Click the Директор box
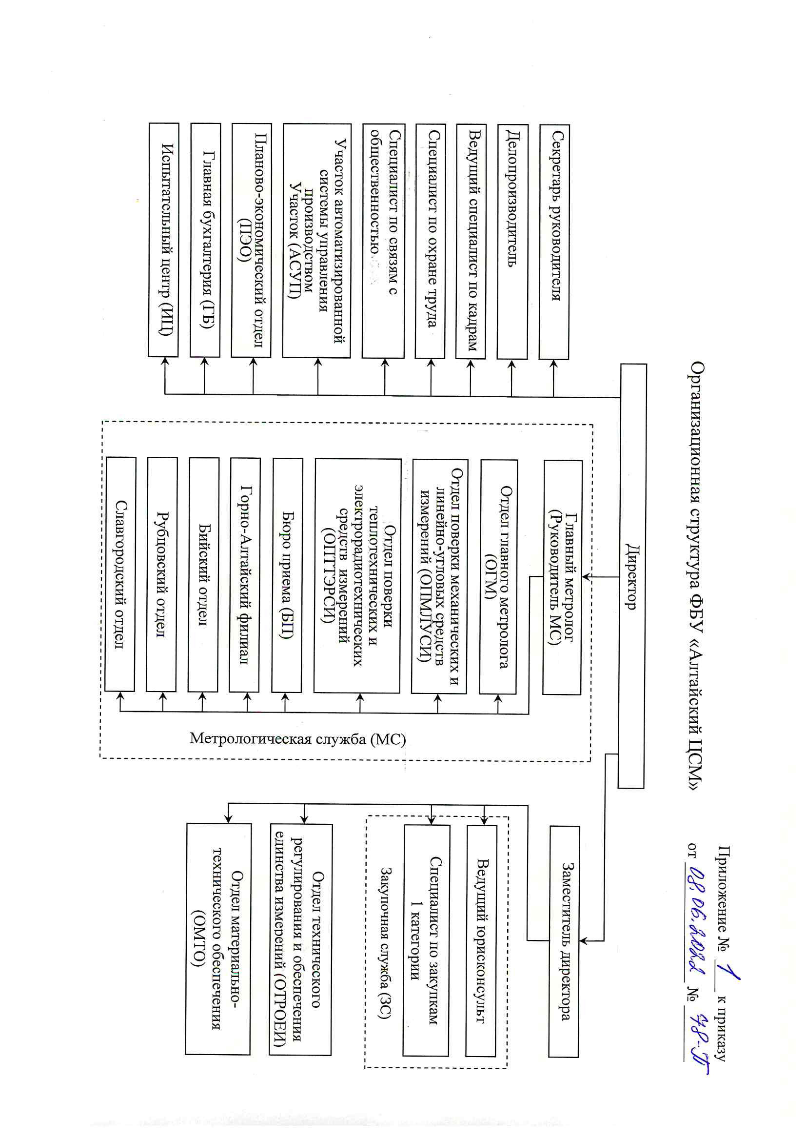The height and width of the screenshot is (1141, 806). click(x=632, y=576)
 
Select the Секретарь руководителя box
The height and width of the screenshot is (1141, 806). click(x=554, y=242)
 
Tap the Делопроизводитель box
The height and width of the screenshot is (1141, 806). click(x=512, y=242)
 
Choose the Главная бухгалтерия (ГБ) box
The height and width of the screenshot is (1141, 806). click(x=205, y=240)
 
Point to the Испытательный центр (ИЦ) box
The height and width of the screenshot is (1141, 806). click(x=164, y=240)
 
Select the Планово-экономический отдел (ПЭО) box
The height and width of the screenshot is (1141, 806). click(x=252, y=240)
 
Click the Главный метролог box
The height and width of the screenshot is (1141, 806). click(x=563, y=577)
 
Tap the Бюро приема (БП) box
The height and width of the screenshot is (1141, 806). click(x=288, y=575)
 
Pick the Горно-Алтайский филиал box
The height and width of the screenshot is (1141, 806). click(x=245, y=574)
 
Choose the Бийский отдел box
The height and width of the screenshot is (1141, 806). click(x=204, y=574)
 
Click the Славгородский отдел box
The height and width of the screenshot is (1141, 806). click(x=120, y=574)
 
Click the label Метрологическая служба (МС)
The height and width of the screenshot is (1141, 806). click(x=298, y=739)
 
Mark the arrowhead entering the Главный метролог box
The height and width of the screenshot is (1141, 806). click(x=587, y=577)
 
